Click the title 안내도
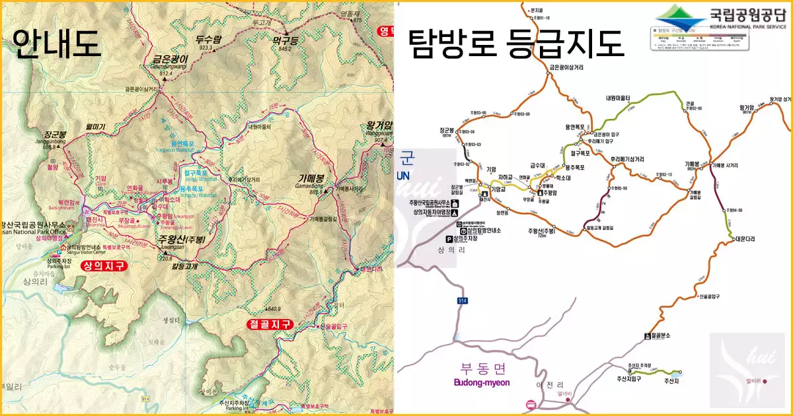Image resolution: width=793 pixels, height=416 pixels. (x=57, y=44)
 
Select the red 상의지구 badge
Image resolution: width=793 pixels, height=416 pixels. (x=102, y=266)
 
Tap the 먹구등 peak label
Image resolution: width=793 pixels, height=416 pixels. (x=285, y=40)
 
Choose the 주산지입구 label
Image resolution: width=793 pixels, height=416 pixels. (x=630, y=378)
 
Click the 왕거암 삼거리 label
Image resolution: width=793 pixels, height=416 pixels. (x=780, y=100)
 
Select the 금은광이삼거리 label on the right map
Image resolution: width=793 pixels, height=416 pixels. (x=566, y=67)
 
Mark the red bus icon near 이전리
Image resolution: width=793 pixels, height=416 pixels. (x=529, y=403)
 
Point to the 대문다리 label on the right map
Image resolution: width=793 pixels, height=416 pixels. (x=745, y=240)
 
